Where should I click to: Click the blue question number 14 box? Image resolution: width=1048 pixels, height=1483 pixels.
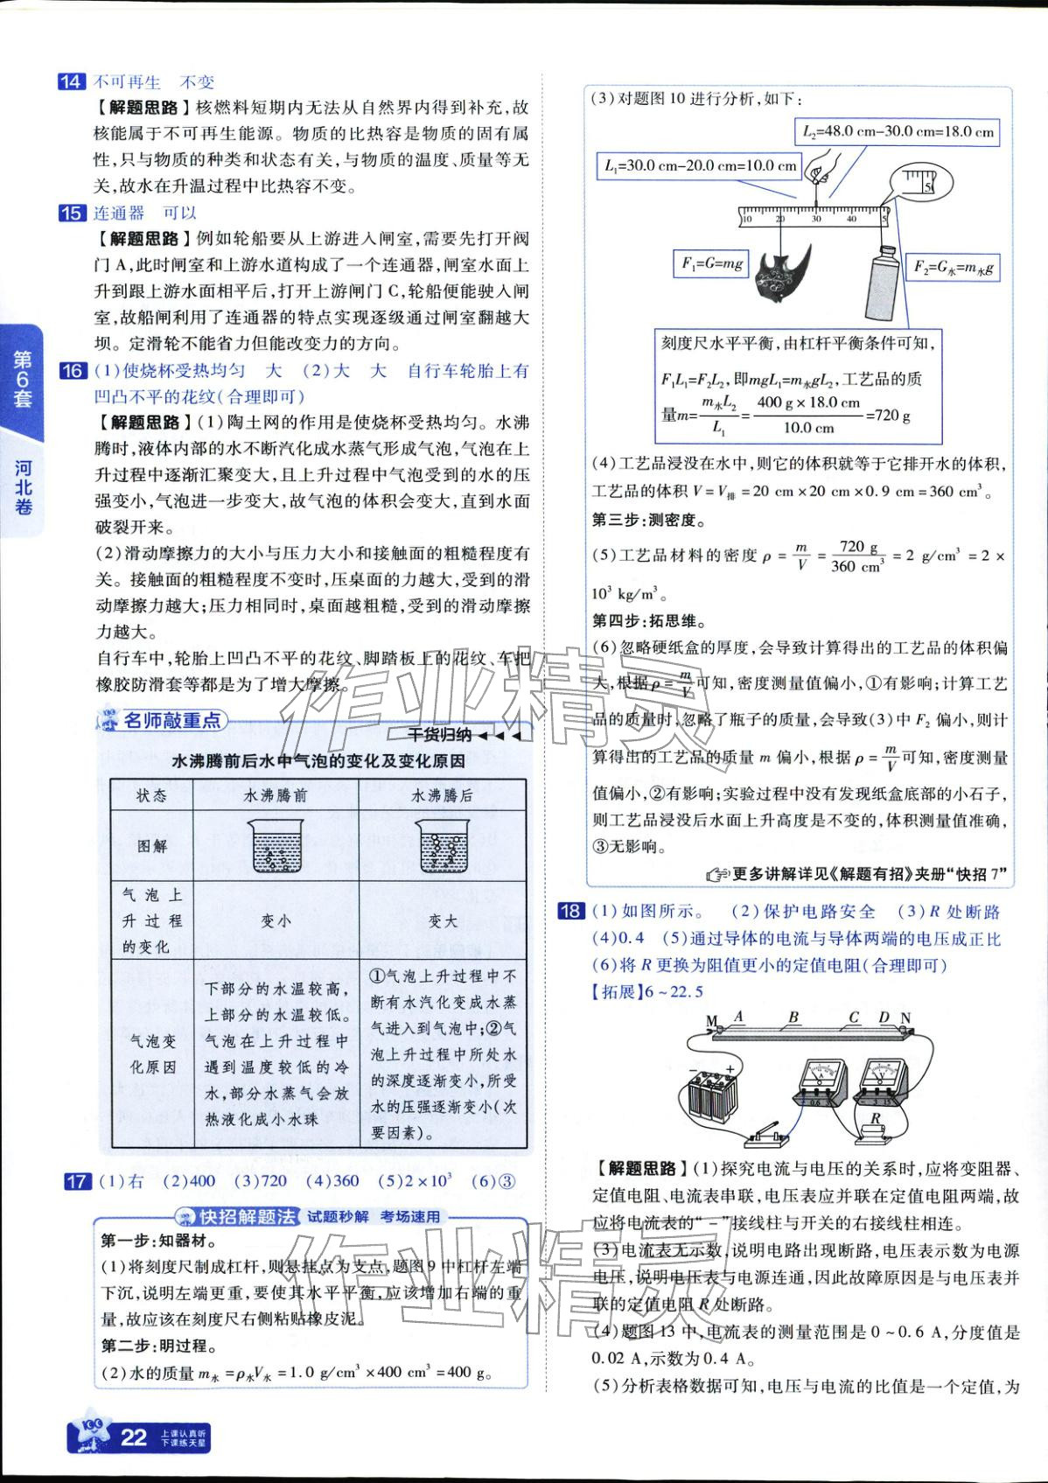click(x=71, y=82)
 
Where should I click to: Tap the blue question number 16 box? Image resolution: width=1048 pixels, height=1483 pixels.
click(x=71, y=371)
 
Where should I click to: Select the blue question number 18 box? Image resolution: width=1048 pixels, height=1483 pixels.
click(x=570, y=912)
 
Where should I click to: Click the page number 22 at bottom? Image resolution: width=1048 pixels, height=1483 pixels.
click(x=133, y=1438)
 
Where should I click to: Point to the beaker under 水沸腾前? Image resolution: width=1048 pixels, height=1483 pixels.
click(x=276, y=846)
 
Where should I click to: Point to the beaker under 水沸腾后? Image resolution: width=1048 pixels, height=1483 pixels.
click(x=443, y=846)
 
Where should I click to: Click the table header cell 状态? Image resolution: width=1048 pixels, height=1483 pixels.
click(x=151, y=796)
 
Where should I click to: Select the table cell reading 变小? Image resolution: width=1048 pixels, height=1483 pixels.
click(x=276, y=921)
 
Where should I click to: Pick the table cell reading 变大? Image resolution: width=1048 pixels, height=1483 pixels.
click(x=443, y=921)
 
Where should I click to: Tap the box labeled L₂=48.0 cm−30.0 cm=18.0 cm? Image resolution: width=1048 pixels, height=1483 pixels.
click(x=898, y=132)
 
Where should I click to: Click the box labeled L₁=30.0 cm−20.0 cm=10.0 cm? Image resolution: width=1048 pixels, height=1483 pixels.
click(x=701, y=165)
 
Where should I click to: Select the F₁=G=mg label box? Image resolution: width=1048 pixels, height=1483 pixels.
click(x=712, y=262)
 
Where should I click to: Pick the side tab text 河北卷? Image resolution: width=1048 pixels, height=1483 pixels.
click(x=24, y=487)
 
